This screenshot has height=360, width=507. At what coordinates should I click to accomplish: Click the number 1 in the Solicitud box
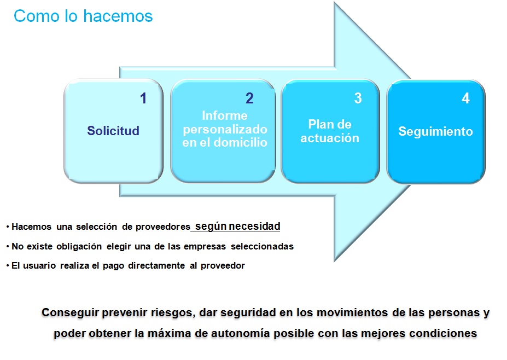point(143,98)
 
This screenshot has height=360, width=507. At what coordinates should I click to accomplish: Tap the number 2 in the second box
point(249,98)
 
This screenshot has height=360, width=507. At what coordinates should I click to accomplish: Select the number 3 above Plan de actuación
point(358,98)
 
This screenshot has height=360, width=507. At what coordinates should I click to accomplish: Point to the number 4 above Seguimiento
point(465,98)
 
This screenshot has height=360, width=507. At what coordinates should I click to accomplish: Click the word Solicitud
point(113,131)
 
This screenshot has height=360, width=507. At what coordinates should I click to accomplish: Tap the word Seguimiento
point(435,132)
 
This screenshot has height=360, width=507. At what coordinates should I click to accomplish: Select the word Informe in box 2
point(225,115)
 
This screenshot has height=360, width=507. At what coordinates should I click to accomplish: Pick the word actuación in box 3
point(330,138)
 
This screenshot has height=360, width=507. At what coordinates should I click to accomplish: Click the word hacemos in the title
point(118,16)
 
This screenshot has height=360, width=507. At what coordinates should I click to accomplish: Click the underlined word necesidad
point(254,226)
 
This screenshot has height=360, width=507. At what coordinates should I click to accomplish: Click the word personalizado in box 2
point(225,129)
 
